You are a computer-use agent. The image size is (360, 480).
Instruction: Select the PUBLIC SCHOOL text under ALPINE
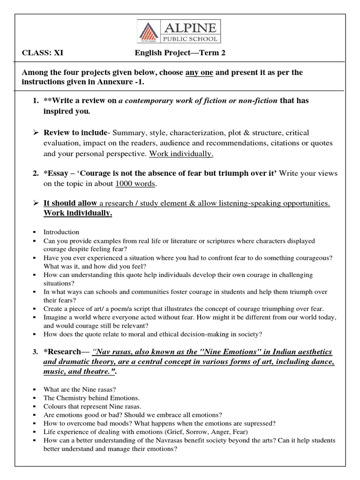[189, 38]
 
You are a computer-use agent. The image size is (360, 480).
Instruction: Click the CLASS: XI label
[43, 53]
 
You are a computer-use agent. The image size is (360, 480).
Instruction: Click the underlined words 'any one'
[199, 73]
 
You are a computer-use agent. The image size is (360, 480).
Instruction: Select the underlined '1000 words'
[135, 184]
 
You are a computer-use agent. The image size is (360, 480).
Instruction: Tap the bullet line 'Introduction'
[61, 232]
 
